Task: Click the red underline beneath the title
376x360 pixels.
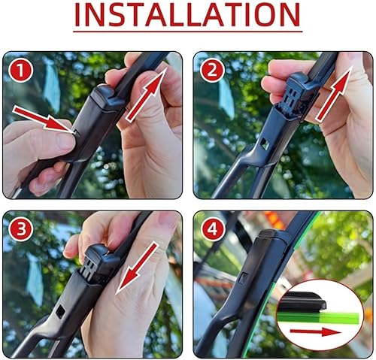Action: pyautogui.click(x=187, y=32)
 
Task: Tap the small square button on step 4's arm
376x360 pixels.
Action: pyautogui.click(x=243, y=279)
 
